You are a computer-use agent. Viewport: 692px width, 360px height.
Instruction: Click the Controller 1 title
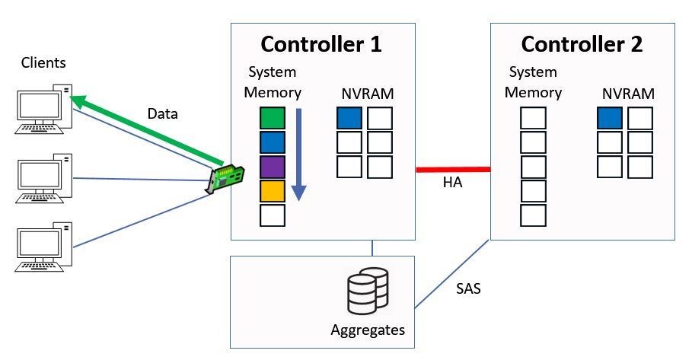(x=321, y=43)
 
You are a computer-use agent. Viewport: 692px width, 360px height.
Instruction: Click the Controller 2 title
(x=582, y=43)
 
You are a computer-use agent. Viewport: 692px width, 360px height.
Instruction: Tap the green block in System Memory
(x=273, y=118)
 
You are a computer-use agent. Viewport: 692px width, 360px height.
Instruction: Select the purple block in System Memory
(x=273, y=167)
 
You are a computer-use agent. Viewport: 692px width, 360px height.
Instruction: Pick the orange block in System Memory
(x=273, y=191)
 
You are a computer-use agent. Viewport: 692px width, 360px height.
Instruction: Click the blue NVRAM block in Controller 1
(x=349, y=118)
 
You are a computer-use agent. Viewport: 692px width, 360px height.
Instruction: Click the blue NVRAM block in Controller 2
(x=609, y=118)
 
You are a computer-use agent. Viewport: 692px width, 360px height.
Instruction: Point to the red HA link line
(x=453, y=170)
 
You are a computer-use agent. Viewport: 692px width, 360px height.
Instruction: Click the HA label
(x=453, y=183)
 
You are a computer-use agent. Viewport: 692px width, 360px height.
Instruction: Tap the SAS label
(x=468, y=289)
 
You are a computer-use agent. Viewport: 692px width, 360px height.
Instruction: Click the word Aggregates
(x=368, y=330)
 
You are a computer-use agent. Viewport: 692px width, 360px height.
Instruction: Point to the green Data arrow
(x=145, y=129)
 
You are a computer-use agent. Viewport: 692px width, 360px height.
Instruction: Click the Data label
(x=162, y=114)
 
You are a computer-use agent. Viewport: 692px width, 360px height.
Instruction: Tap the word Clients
(x=43, y=62)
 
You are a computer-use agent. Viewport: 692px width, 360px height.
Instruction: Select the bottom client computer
(x=44, y=247)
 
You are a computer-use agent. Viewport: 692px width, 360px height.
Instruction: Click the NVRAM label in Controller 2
(x=628, y=94)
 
